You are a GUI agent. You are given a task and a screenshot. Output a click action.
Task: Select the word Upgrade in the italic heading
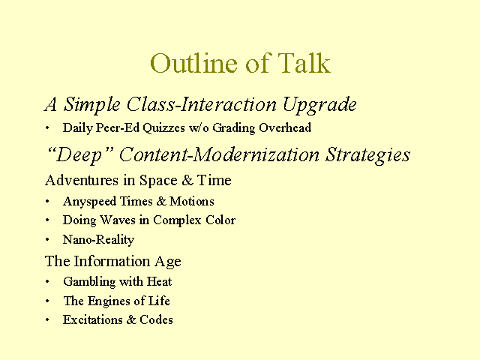pos(319,105)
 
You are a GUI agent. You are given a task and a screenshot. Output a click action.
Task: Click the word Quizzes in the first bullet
pos(163,128)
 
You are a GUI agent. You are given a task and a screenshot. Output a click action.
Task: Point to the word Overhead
pos(285,127)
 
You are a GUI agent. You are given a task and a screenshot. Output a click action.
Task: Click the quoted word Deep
pos(79,154)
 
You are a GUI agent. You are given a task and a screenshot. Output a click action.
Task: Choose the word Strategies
pos(367,155)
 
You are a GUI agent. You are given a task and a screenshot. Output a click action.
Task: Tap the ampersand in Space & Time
pos(187,180)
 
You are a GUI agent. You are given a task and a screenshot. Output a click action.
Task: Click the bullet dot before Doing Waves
pos(47,220)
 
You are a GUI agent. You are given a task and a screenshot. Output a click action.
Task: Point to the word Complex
pos(177,220)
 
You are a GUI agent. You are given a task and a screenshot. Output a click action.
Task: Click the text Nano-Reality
pos(98,240)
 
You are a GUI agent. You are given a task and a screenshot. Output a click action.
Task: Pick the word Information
pos(112,261)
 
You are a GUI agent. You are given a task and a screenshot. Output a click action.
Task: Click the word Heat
pos(159,281)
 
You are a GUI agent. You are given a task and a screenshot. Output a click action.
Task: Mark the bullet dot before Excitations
pos(47,320)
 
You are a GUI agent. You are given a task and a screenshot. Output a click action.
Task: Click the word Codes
pos(156,320)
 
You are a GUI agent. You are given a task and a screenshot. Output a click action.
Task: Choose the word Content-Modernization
pos(219,154)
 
